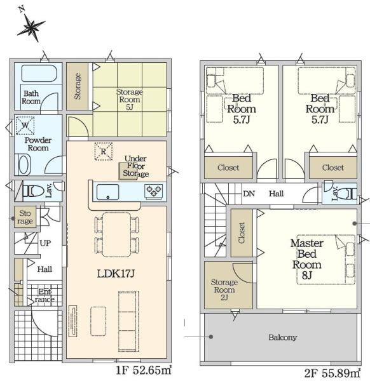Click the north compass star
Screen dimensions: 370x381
tap(31, 27)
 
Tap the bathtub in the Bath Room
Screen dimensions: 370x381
tap(39, 73)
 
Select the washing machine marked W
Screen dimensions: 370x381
tap(25, 125)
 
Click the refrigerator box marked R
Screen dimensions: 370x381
tap(104, 151)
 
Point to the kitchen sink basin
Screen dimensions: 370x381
tap(108, 192)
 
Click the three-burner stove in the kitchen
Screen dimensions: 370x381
tap(154, 191)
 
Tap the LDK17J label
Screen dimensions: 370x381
tap(116, 274)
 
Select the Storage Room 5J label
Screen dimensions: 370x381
tap(130, 100)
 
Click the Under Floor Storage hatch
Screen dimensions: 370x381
tap(128, 171)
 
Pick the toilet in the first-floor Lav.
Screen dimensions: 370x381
tap(34, 191)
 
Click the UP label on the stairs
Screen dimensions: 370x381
tap(45, 243)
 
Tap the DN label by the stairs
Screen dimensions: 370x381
tap(249, 194)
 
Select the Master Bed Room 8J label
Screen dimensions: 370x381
tap(307, 259)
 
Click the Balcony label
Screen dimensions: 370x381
tap(283, 337)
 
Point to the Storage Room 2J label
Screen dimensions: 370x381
tap(224, 290)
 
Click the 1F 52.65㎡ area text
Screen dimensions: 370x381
tap(144, 370)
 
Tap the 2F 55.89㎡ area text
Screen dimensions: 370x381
tap(332, 373)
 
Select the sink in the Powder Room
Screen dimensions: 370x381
tap(24, 164)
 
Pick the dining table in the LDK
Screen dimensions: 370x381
tap(116, 235)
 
